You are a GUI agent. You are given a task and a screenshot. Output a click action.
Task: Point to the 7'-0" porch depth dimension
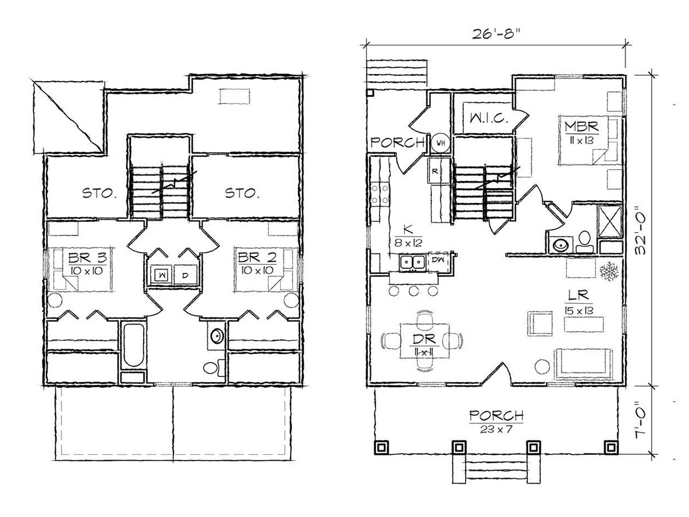point(640,420)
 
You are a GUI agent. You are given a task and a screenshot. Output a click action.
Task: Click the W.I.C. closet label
point(489,118)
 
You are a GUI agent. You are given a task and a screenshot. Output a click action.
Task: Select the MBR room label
point(582,126)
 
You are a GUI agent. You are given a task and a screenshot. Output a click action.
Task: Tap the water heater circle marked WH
point(441,143)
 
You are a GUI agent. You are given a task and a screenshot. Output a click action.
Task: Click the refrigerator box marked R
point(435,171)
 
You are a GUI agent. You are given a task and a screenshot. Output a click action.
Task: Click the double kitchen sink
point(412,261)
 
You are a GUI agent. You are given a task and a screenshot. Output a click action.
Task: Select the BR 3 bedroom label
point(88,258)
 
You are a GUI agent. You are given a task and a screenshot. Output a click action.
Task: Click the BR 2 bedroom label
point(257,257)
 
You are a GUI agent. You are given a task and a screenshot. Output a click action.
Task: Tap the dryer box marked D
point(186,275)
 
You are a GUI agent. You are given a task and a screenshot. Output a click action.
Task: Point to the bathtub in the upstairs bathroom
point(134,345)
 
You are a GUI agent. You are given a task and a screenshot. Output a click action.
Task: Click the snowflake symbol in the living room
point(609,271)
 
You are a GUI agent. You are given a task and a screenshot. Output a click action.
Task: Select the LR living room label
point(578,295)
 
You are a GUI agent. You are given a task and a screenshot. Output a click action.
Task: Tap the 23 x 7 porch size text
point(496,429)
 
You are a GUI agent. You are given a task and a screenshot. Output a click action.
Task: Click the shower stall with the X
point(610,222)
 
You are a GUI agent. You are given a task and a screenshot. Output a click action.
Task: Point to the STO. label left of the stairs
point(99,193)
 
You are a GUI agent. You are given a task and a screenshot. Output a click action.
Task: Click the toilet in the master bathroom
point(584,242)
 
